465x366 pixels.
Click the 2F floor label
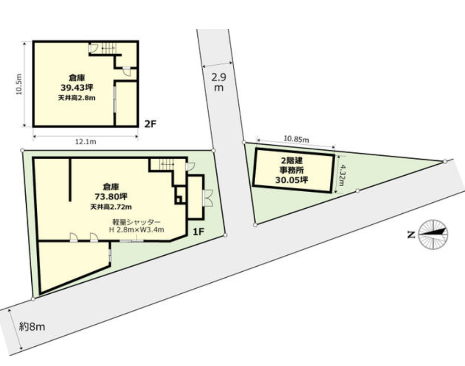click(150, 124)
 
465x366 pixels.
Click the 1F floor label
click(198, 231)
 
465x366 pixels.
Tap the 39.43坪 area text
click(77, 87)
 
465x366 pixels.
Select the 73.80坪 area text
click(111, 196)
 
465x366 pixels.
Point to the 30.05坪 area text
click(292, 180)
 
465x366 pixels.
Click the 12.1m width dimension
click(86, 142)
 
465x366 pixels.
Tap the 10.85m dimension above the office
click(296, 139)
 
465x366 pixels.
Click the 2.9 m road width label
click(218, 82)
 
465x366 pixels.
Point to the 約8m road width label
click(32, 327)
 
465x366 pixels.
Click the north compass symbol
click(433, 234)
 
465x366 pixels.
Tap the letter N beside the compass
click(411, 235)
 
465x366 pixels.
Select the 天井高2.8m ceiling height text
click(77, 98)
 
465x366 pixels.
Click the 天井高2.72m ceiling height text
click(111, 206)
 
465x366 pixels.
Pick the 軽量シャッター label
click(137, 222)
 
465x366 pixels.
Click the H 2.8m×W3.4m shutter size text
click(137, 229)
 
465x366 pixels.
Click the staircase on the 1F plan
click(167, 164)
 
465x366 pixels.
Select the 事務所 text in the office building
click(292, 170)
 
